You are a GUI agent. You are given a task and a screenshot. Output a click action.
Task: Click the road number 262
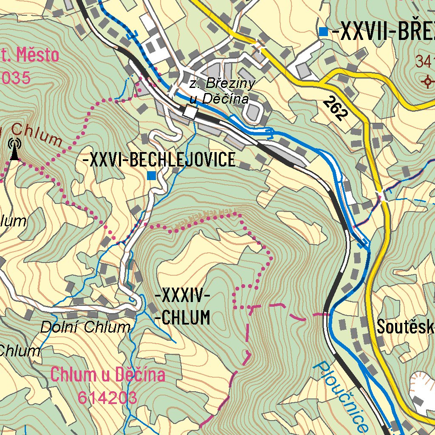[335, 108]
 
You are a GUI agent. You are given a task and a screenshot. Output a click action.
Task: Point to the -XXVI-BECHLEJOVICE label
[160, 160]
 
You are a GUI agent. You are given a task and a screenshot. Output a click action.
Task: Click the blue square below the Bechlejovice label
[151, 175]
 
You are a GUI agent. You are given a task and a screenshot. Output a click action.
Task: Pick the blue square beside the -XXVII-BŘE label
[324, 31]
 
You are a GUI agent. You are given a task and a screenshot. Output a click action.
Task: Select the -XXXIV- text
[183, 295]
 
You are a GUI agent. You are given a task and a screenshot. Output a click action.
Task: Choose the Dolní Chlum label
[85, 328]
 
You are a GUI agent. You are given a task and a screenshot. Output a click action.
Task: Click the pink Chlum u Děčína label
[107, 375]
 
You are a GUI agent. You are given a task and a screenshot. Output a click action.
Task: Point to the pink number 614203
[107, 398]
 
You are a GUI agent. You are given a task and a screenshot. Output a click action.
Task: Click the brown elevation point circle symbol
[427, 81]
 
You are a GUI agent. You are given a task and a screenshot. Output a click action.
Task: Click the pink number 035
[16, 78]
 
